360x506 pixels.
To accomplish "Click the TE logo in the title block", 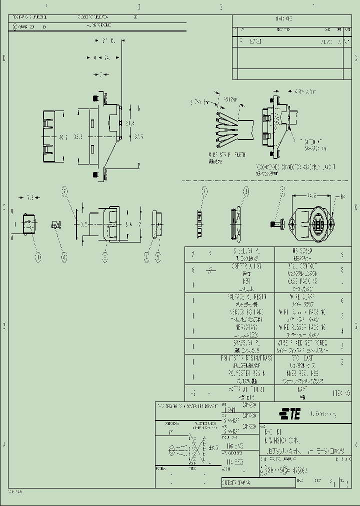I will click(289, 414).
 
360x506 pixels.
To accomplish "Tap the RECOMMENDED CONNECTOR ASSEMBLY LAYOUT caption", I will click(295, 166).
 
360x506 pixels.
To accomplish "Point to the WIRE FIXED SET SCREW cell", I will click(301, 343).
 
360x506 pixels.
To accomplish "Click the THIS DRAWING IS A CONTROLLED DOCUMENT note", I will click(187, 405).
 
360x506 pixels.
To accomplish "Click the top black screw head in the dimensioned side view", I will click(94, 98).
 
